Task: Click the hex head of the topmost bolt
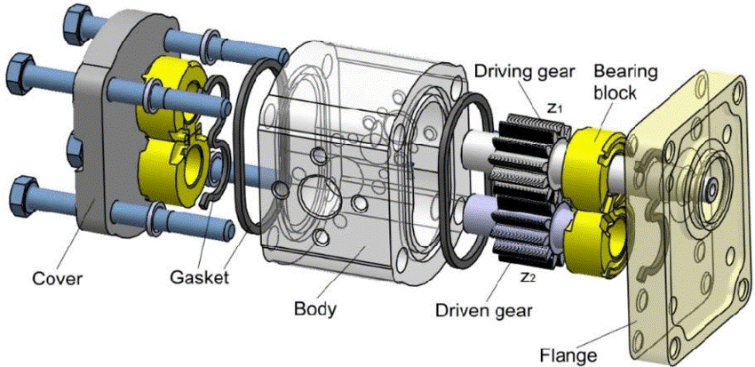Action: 75,17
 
